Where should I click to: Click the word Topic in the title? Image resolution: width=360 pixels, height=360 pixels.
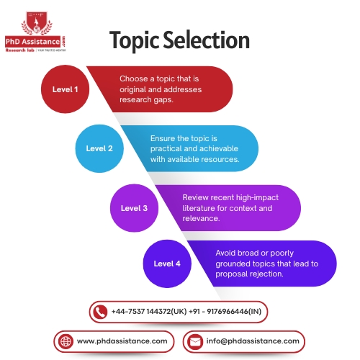click(x=133, y=41)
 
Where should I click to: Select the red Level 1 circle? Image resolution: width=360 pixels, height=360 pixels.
click(x=66, y=90)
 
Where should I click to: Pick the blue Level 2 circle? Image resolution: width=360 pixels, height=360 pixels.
click(x=99, y=148)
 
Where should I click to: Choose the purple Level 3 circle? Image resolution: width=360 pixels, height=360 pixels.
click(x=133, y=208)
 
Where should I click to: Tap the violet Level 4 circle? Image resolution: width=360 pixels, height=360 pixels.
click(x=167, y=264)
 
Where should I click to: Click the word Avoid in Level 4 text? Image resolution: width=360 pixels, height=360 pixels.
click(x=227, y=253)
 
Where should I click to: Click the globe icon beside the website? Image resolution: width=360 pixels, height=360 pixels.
click(x=66, y=341)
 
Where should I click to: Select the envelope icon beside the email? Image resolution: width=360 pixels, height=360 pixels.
click(x=194, y=341)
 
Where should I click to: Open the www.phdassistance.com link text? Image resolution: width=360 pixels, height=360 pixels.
click(x=122, y=341)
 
